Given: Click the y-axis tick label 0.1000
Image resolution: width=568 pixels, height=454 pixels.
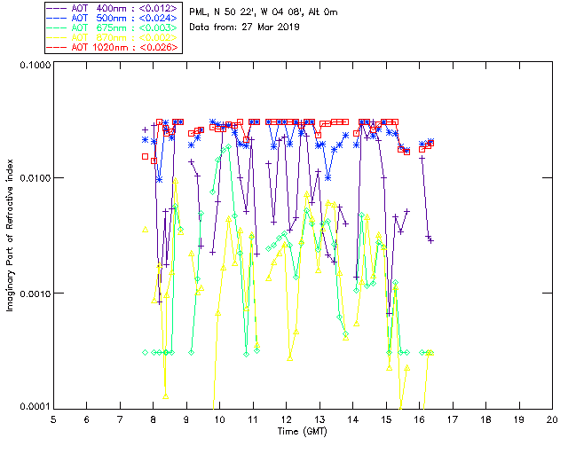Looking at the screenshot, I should point(33,65).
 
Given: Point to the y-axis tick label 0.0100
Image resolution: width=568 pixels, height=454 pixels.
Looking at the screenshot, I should point(33,178).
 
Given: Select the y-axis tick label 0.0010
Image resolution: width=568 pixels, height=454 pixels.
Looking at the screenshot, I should point(33,294).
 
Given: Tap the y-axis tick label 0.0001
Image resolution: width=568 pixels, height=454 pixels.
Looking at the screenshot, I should point(33,407).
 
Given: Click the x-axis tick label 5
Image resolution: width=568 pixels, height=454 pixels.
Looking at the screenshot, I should point(53,419).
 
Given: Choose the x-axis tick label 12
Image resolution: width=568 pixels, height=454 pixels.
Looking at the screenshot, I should point(286,419).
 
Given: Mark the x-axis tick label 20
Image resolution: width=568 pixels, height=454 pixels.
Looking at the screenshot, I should point(552,419).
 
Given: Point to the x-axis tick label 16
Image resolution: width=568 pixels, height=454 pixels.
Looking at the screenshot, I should point(419,419).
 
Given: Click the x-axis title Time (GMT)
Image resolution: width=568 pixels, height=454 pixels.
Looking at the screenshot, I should point(303,431).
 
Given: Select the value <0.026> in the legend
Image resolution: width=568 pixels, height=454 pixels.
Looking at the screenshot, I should point(161,47).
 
